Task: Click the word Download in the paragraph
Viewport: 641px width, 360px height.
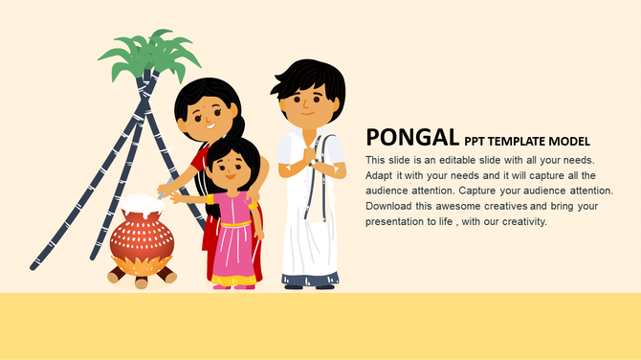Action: (x=390, y=206)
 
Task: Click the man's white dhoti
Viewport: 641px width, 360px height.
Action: (x=308, y=230)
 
